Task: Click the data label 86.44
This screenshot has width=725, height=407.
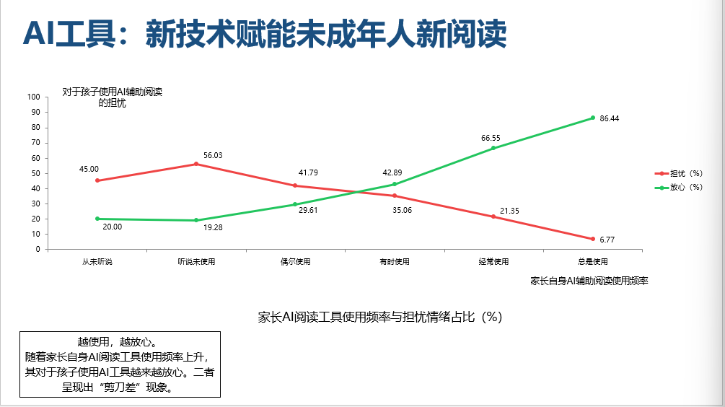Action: [610, 118]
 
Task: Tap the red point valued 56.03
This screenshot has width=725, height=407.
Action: [196, 164]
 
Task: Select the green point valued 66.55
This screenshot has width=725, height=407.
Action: [493, 148]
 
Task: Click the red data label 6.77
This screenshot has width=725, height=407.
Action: [607, 240]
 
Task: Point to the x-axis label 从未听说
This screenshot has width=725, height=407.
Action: [97, 261]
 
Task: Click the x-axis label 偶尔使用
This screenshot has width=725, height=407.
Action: [296, 261]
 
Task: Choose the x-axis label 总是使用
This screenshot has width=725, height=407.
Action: [593, 261]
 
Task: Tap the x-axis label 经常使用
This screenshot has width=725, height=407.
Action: [493, 261]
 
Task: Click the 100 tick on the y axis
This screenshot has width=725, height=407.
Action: [33, 97]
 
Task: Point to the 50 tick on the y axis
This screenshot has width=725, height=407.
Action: [35, 173]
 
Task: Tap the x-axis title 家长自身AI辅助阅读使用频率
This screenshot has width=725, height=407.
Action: [589, 281]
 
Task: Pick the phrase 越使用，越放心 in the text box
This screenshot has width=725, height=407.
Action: [117, 341]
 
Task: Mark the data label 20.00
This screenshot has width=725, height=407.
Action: [112, 227]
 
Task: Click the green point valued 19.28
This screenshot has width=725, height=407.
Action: [196, 220]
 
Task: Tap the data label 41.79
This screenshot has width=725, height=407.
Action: [308, 173]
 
